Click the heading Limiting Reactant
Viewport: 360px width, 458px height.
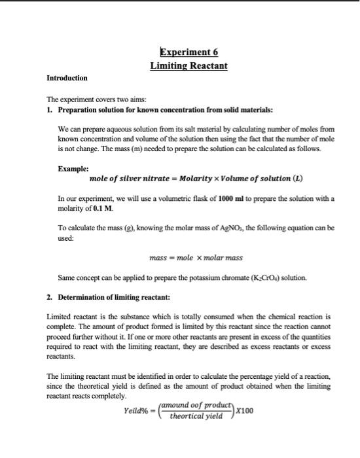click(189, 66)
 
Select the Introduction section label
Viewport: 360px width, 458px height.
click(67, 79)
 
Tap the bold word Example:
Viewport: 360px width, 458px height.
click(73, 168)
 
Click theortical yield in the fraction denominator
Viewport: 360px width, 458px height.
click(196, 416)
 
